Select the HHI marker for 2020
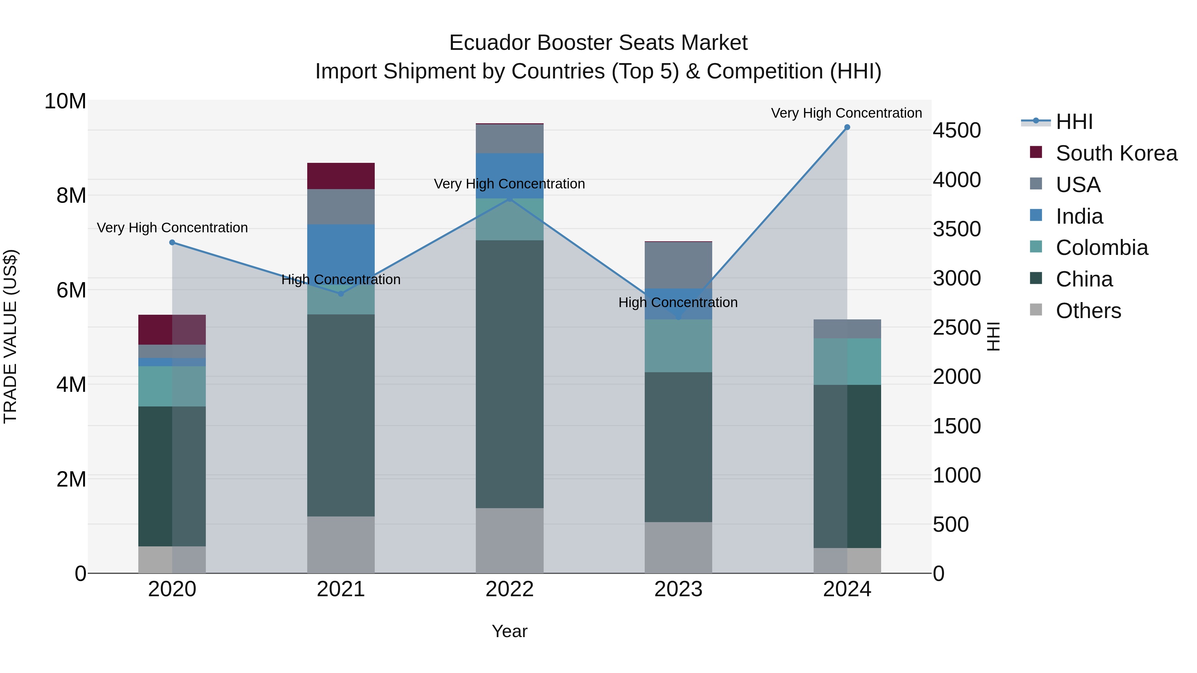[172, 243]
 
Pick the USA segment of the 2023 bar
[678, 265]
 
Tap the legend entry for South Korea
[1116, 153]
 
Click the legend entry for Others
[1088, 311]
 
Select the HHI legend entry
[1074, 122]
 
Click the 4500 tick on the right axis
[957, 131]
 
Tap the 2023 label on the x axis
[678, 589]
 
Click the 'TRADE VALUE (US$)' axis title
[10, 336]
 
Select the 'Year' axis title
[509, 631]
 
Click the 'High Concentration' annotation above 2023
[678, 302]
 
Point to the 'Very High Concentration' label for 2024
[846, 113]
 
